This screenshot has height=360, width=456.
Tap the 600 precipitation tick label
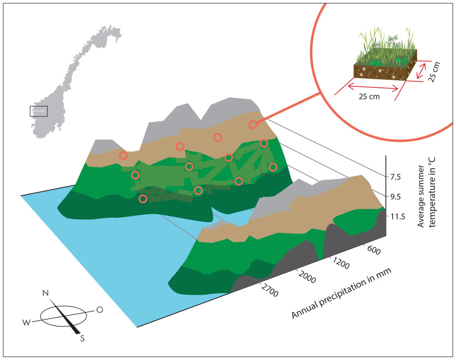click(x=374, y=250)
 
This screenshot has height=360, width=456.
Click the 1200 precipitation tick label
click(x=340, y=264)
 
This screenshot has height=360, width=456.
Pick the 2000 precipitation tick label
click(x=306, y=277)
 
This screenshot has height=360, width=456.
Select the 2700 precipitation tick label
click(x=269, y=290)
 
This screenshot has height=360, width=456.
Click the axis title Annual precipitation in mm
click(x=341, y=293)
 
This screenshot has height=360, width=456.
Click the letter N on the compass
click(x=46, y=293)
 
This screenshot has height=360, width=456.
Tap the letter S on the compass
click(x=82, y=339)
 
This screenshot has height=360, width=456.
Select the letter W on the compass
click(x=26, y=323)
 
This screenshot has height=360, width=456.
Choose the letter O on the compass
click(x=100, y=310)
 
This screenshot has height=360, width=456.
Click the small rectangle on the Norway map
click(x=39, y=111)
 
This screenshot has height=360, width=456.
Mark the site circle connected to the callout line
click(x=253, y=125)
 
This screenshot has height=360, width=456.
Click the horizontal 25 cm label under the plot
click(x=369, y=97)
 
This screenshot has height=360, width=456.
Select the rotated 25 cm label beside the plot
click(x=434, y=72)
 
